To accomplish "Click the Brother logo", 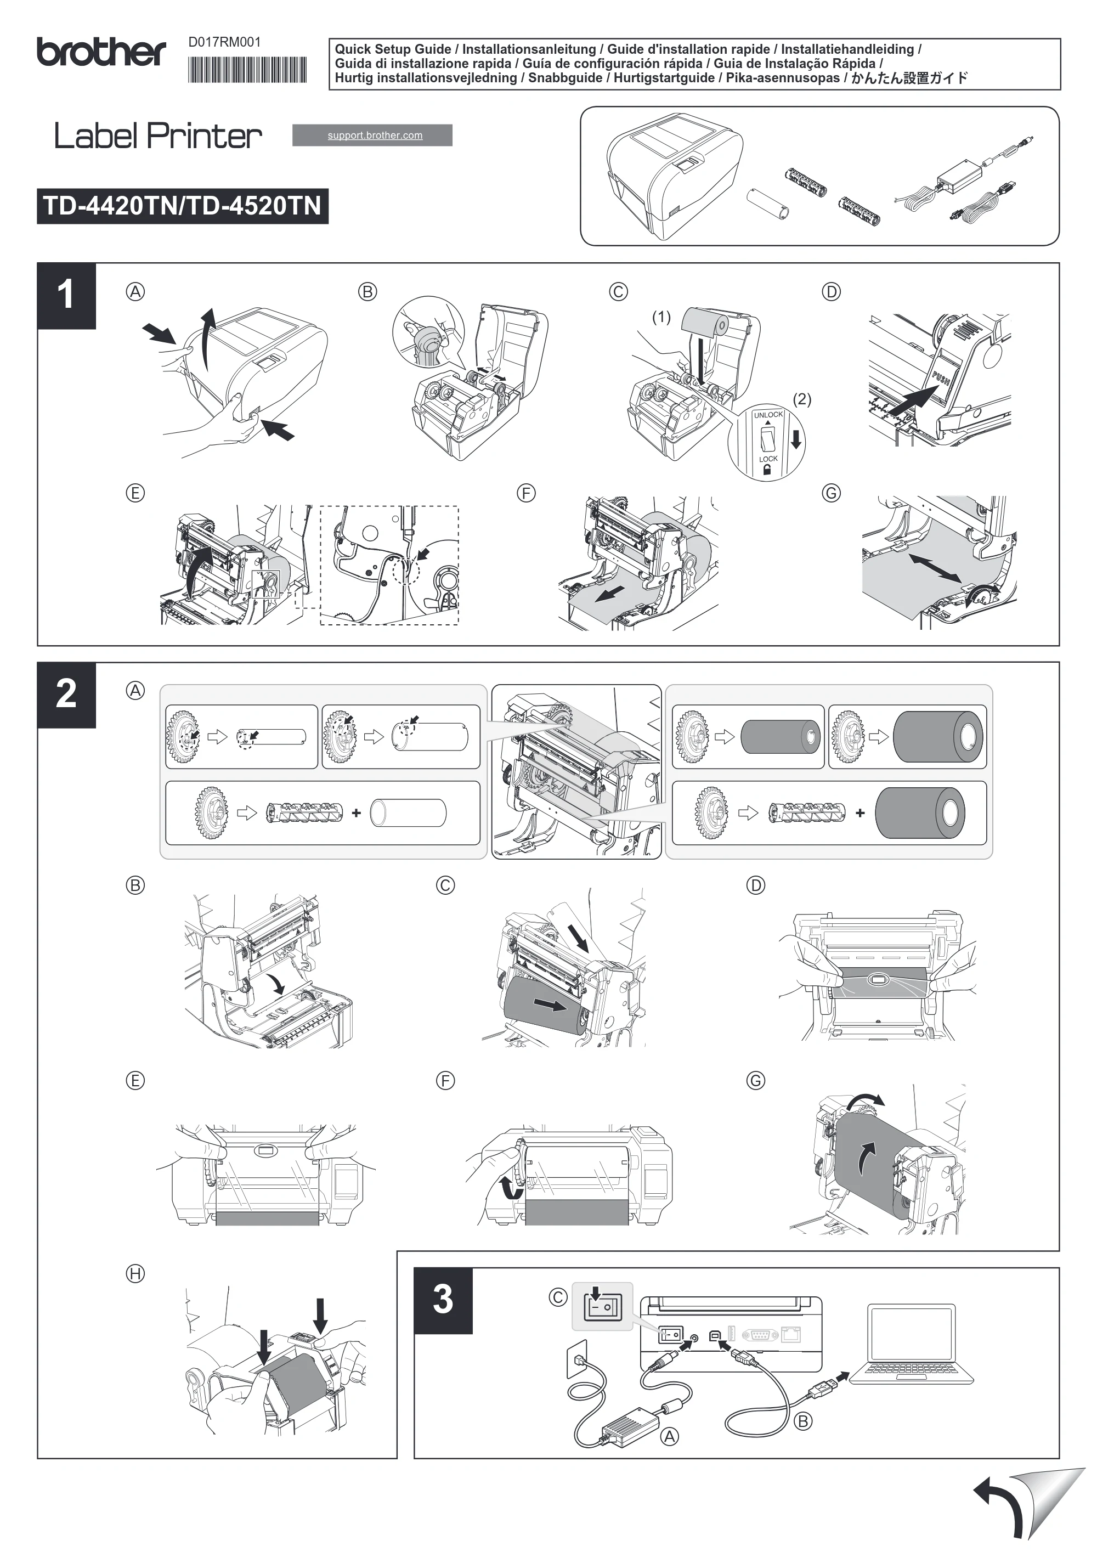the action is [101, 53].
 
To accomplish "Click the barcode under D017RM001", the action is [247, 70].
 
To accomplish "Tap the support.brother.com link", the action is [375, 135].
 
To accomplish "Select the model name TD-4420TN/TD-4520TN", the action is [183, 206].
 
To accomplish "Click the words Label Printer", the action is [157, 136].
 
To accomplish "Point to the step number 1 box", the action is [66, 295].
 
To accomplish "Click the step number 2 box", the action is [66, 695].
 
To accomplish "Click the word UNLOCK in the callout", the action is [768, 415].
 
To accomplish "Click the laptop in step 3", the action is [911, 1345].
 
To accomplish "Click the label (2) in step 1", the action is [801, 399].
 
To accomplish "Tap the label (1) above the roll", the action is [661, 317].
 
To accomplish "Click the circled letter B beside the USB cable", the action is [803, 1421].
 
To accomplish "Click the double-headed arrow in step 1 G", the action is [935, 568].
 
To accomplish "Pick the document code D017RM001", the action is [224, 42].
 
